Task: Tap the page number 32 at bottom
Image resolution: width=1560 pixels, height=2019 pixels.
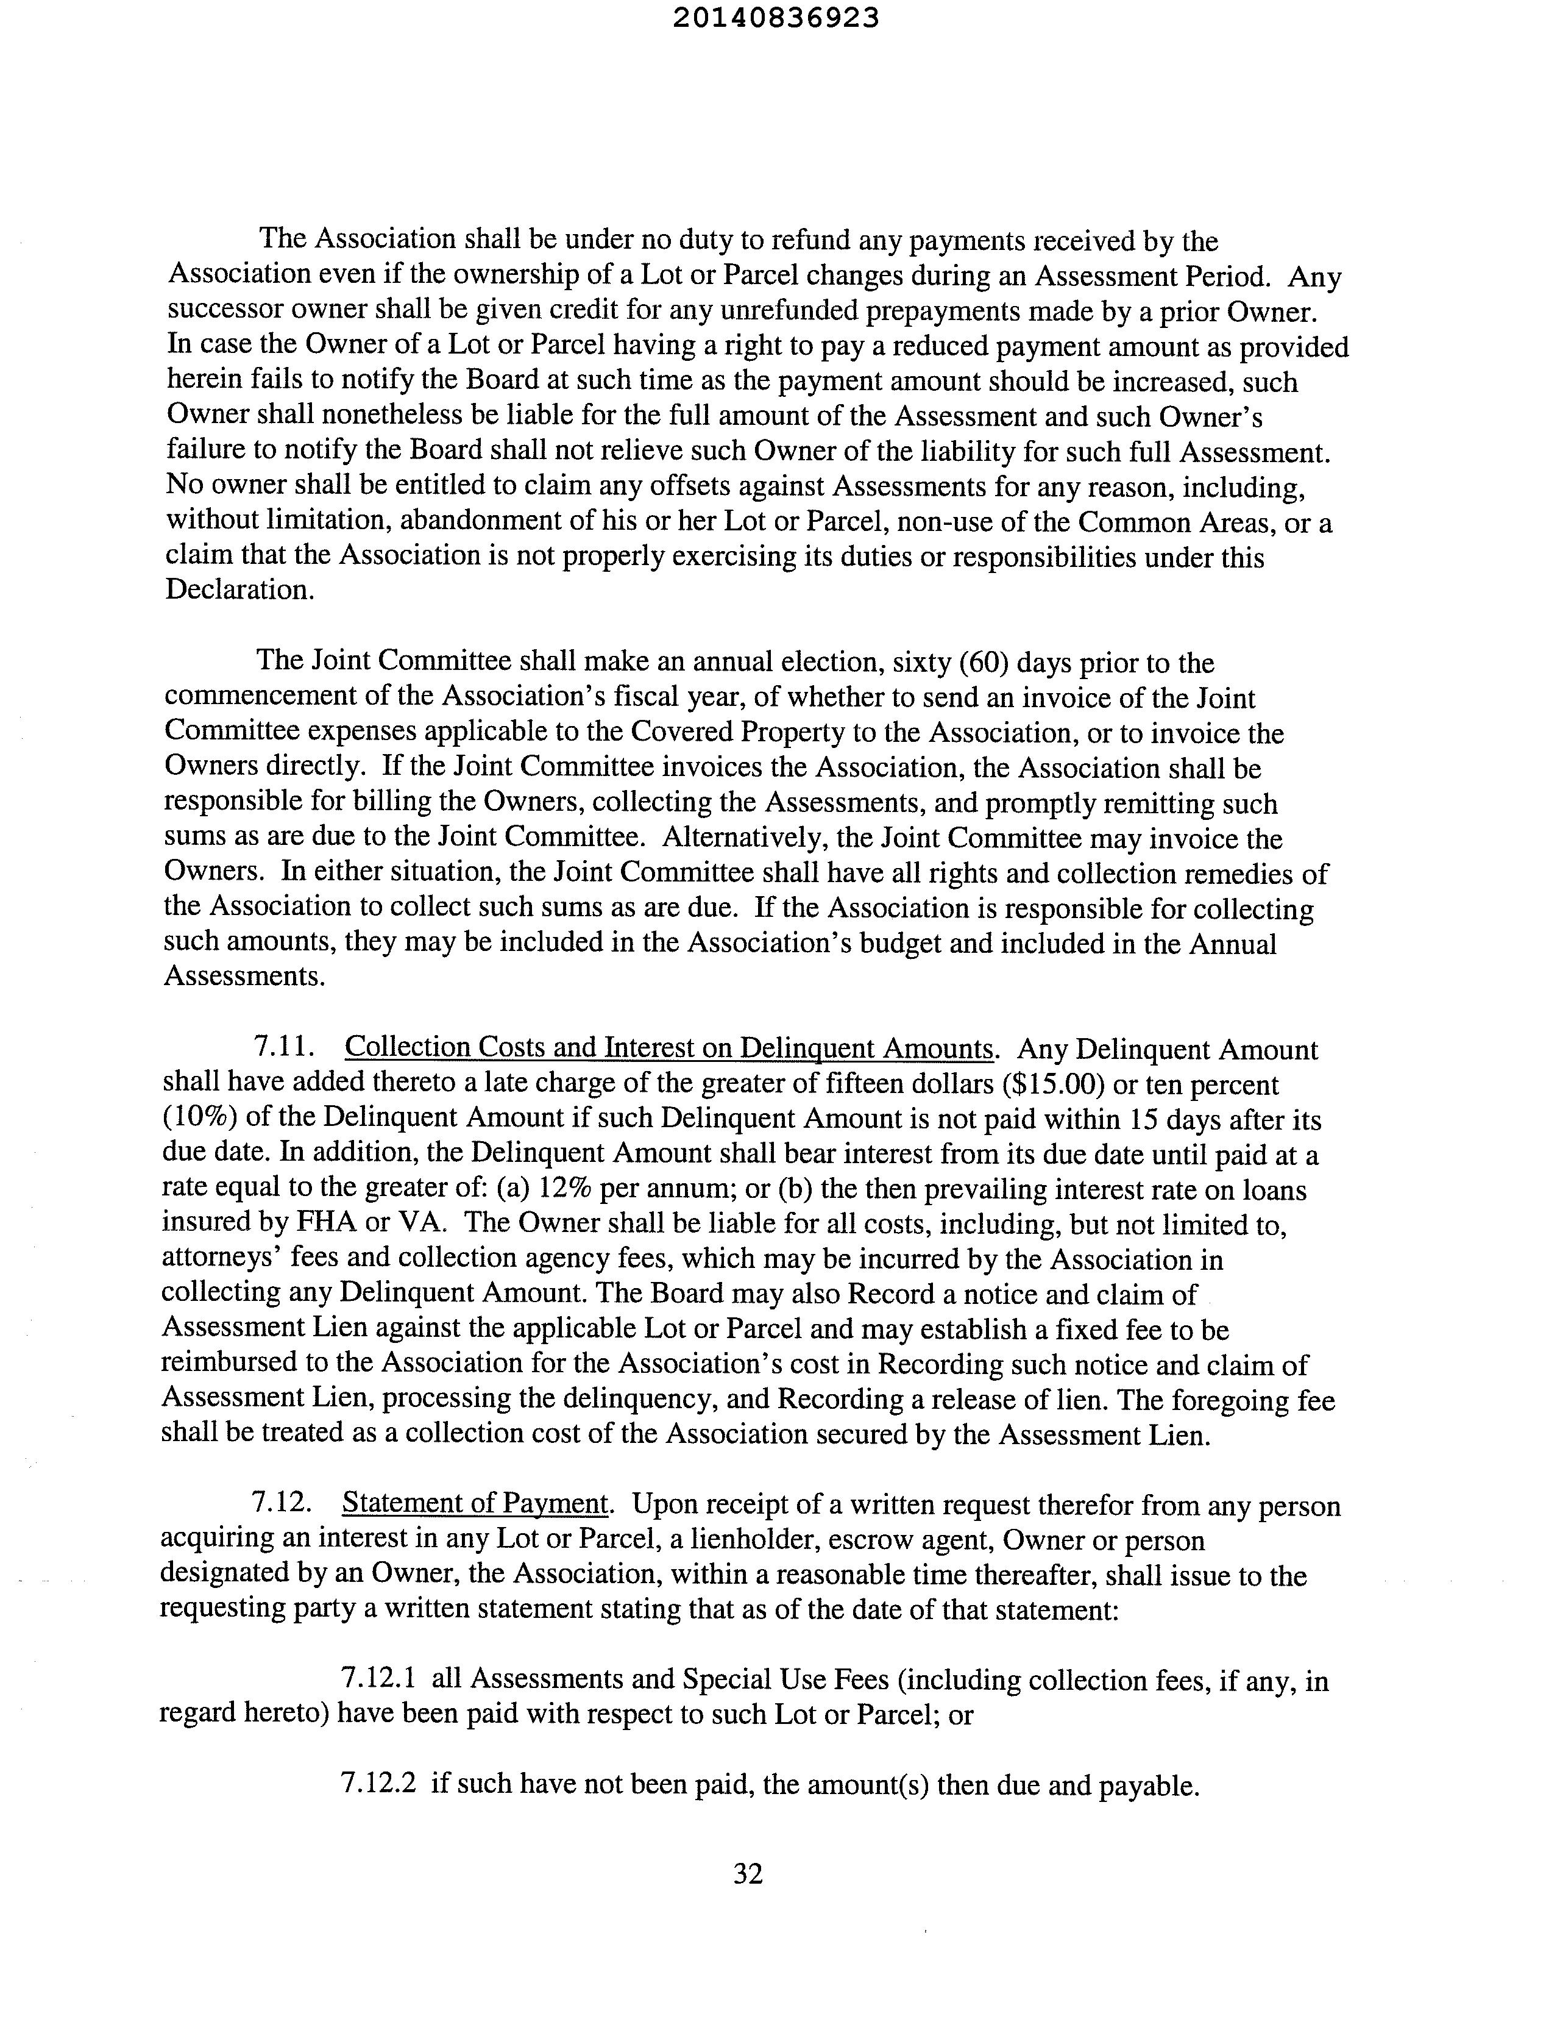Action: coord(748,1873)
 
